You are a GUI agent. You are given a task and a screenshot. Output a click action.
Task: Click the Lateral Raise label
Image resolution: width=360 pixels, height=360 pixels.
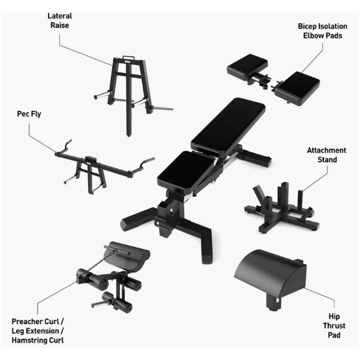point(59,20)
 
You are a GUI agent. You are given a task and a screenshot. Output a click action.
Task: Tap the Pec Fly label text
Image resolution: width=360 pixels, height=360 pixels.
point(29,114)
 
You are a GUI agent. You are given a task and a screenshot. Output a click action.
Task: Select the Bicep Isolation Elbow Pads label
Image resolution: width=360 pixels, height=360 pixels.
point(322,31)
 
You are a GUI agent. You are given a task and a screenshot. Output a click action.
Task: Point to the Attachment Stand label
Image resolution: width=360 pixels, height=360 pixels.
point(326,155)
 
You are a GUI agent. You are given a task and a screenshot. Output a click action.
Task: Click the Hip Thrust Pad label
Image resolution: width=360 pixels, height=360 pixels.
point(334,326)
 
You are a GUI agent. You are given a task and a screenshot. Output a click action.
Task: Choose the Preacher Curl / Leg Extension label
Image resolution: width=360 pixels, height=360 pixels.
point(38,326)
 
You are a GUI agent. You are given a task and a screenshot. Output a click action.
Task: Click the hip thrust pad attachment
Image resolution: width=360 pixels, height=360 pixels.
point(270,278)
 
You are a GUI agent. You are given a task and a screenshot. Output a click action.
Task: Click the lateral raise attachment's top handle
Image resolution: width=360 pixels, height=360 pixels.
point(128,57)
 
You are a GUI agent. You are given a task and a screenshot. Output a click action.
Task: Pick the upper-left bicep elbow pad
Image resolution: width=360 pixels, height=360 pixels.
point(247,66)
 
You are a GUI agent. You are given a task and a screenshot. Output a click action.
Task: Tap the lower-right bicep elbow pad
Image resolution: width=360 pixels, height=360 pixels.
point(298,88)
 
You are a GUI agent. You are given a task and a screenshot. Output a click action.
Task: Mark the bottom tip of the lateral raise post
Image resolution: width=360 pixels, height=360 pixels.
point(129,136)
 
